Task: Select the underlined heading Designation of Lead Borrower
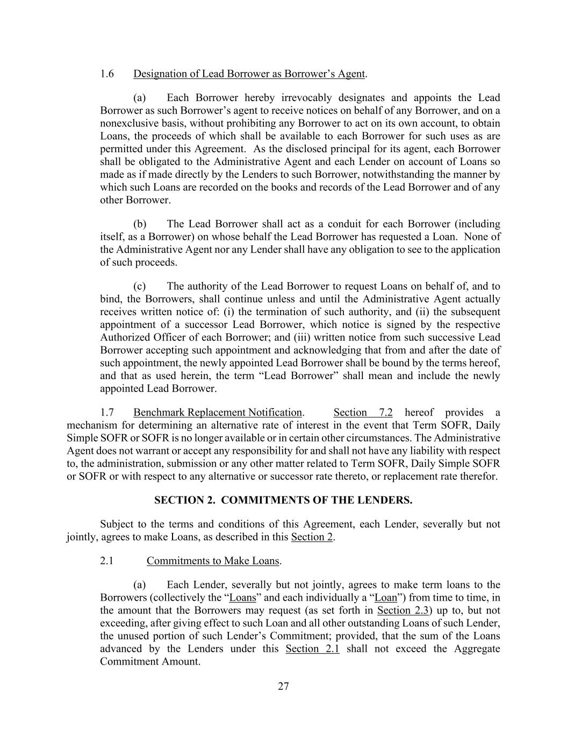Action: (249, 74)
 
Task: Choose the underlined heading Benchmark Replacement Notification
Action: (218, 412)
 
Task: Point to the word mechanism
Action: (90, 425)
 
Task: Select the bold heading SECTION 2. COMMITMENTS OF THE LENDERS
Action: (283, 500)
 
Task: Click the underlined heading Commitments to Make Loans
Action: (213, 561)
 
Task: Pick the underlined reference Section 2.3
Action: (402, 610)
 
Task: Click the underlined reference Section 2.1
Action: (312, 649)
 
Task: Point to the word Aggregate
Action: (477, 649)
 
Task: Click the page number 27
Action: (284, 686)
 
